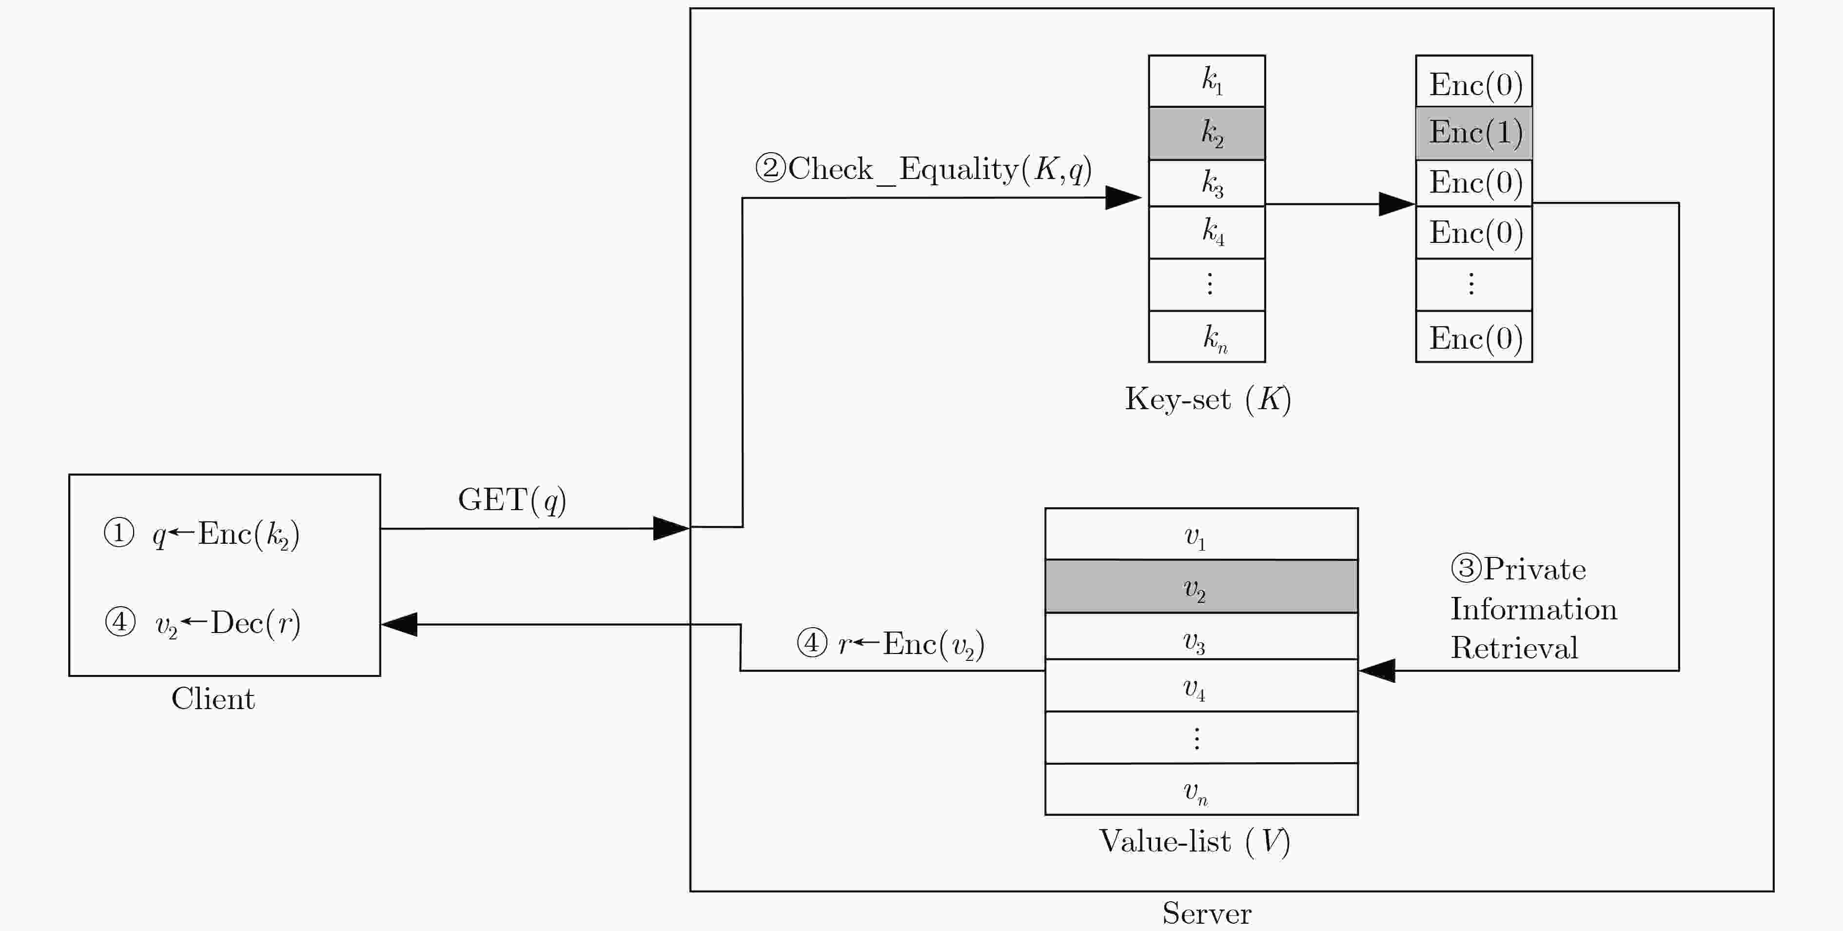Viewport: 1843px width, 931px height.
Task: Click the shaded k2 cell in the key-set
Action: pos(1207,133)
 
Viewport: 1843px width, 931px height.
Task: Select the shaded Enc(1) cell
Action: pos(1474,133)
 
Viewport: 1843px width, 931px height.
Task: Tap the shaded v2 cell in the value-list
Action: pos(1201,586)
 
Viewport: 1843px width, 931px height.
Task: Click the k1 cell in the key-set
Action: pos(1207,81)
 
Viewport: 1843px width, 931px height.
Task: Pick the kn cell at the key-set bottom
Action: pos(1207,337)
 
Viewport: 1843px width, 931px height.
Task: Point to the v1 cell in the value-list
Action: pos(1201,534)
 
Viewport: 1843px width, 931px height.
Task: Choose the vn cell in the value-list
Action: pos(1201,789)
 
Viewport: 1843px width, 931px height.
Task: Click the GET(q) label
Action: pos(512,499)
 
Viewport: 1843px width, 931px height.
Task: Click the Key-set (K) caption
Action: pos(1208,398)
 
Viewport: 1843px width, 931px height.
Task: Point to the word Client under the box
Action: pos(213,698)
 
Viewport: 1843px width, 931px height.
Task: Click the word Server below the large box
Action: pos(1207,913)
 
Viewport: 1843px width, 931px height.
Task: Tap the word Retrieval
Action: pos(1514,648)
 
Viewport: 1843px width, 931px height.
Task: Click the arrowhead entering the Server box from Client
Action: pos(671,528)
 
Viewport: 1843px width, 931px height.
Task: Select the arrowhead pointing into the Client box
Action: pos(399,624)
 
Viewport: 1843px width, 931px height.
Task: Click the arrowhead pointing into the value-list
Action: pos(1376,671)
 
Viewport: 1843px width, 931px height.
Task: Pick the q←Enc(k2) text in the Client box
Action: pos(226,535)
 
